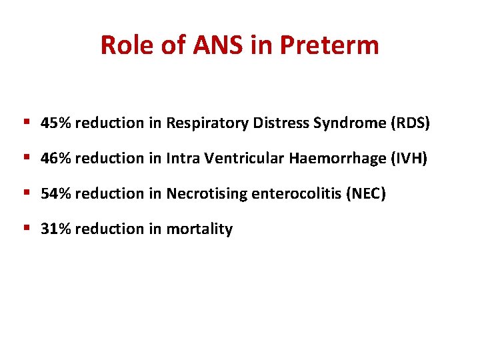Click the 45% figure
tap(57, 123)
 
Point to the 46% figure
tap(57, 159)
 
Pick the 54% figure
tap(57, 194)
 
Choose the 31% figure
tap(57, 229)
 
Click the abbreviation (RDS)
tap(411, 123)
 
